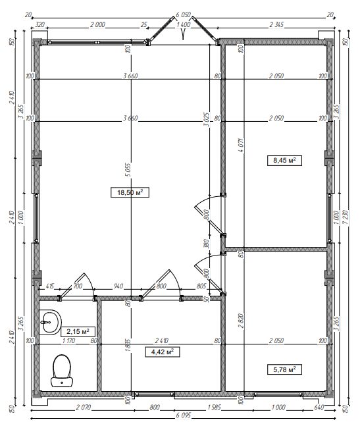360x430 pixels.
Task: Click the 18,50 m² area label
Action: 130,192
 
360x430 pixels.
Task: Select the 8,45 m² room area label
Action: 284,159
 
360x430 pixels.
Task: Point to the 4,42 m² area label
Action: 161,352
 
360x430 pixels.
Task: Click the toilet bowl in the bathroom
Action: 62,369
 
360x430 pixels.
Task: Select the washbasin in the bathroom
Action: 49,322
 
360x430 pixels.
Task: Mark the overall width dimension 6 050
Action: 184,14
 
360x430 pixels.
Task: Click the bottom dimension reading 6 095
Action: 185,416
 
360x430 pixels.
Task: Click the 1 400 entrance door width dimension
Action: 184,25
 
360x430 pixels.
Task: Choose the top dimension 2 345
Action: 276,25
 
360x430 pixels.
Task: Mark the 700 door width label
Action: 77,286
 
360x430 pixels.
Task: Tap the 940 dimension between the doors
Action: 118,286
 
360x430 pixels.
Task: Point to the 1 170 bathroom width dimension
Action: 68,341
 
